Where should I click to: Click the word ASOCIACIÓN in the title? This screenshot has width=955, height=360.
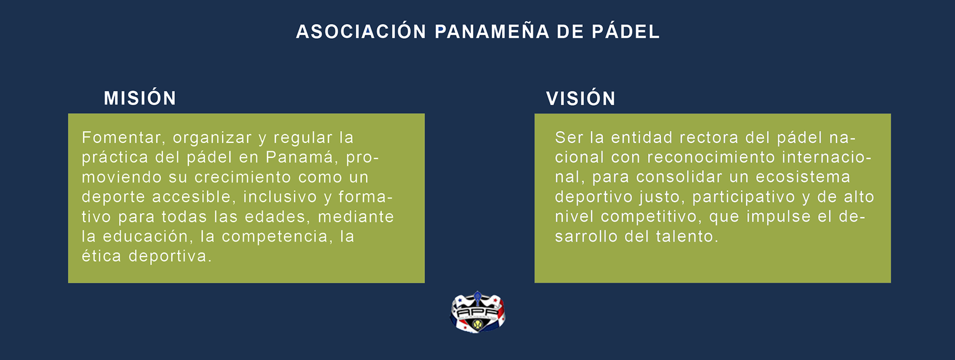[x=361, y=32]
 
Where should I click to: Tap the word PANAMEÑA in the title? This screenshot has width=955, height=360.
[x=492, y=32]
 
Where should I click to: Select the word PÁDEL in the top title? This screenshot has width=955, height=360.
[x=625, y=32]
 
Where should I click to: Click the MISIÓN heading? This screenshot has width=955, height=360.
[x=140, y=99]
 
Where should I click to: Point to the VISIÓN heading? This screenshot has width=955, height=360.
[x=581, y=99]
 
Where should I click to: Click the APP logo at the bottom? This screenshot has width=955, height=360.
[x=477, y=313]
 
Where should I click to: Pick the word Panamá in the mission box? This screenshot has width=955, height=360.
[x=300, y=157]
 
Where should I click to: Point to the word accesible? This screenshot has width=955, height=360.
[x=192, y=197]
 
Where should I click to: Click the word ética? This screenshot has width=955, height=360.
[x=101, y=256]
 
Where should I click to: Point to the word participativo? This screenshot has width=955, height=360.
[x=743, y=197]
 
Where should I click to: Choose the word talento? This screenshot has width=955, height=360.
[x=687, y=236]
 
